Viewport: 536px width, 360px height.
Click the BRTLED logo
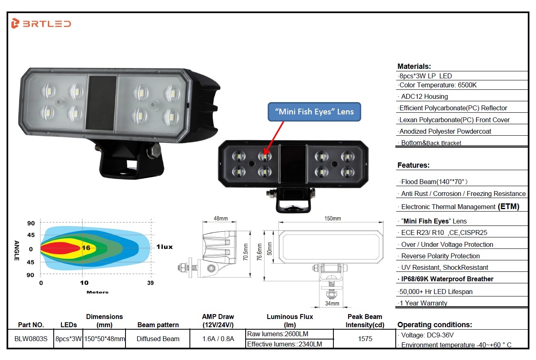pyautogui.click(x=41, y=24)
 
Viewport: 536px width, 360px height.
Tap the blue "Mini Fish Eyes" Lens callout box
pyautogui.click(x=314, y=112)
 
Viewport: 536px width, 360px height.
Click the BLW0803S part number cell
pyautogui.click(x=31, y=339)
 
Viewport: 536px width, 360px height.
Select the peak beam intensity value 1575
pyautogui.click(x=365, y=339)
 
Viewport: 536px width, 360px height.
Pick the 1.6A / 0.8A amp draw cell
pyautogui.click(x=218, y=339)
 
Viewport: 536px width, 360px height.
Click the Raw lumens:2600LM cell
pyautogui.click(x=278, y=334)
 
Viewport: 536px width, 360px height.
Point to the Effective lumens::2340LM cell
pyautogui.click(x=284, y=344)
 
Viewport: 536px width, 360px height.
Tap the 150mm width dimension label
pyautogui.click(x=333, y=219)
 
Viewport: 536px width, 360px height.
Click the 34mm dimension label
pyautogui.click(x=332, y=303)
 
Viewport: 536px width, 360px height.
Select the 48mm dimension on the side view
pyautogui.click(x=221, y=219)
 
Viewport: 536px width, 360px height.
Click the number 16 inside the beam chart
pyautogui.click(x=86, y=248)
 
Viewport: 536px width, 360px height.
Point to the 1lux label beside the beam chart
pyautogui.click(x=164, y=247)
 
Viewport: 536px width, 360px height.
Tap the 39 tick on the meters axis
pyautogui.click(x=151, y=283)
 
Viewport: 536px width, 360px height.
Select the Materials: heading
pyautogui.click(x=414, y=66)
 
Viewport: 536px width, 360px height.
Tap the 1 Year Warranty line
pyautogui.click(x=423, y=303)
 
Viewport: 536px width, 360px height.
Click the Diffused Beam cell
pyautogui.click(x=158, y=339)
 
